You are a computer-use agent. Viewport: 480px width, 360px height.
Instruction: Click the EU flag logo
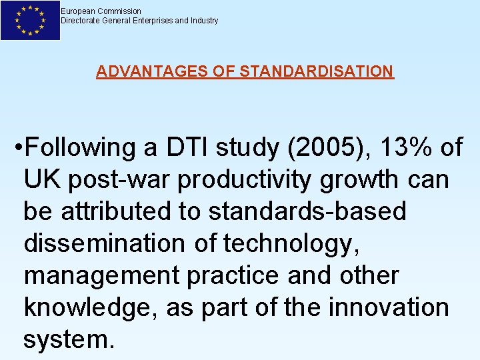(x=30, y=20)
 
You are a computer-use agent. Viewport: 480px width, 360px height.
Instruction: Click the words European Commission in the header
(x=101, y=11)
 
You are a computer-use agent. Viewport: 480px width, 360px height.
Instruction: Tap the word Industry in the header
(x=203, y=21)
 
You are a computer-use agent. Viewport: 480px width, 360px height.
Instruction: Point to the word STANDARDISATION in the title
(x=316, y=71)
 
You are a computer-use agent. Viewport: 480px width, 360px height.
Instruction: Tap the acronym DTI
(x=187, y=147)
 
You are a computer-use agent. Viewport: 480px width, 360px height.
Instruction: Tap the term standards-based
(x=307, y=211)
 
